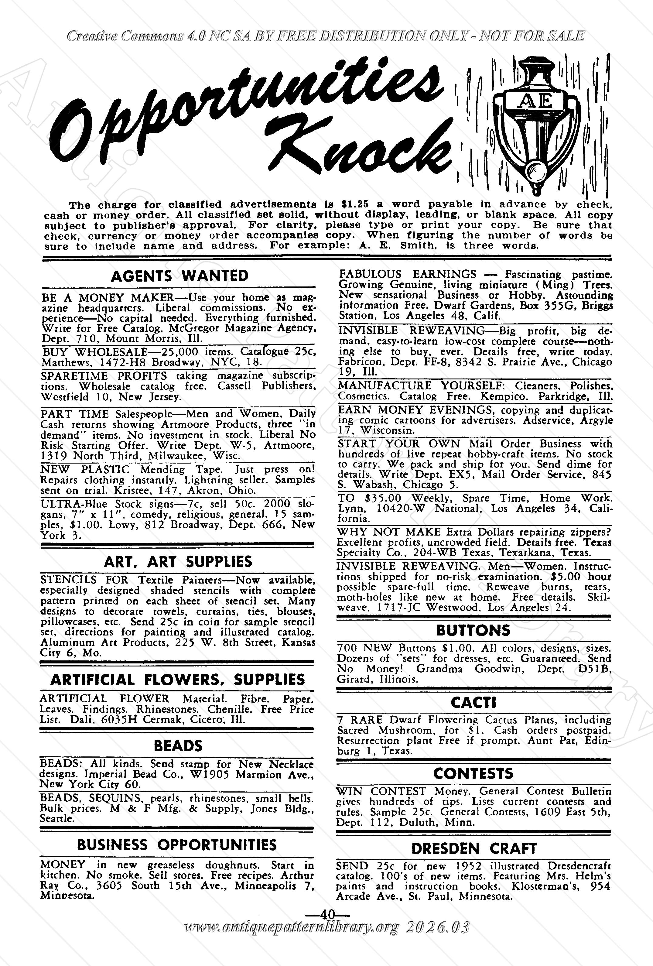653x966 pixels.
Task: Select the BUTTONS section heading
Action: pyautogui.click(x=473, y=631)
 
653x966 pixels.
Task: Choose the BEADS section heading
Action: pyautogui.click(x=178, y=746)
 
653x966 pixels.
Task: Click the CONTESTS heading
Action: pyautogui.click(x=473, y=773)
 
